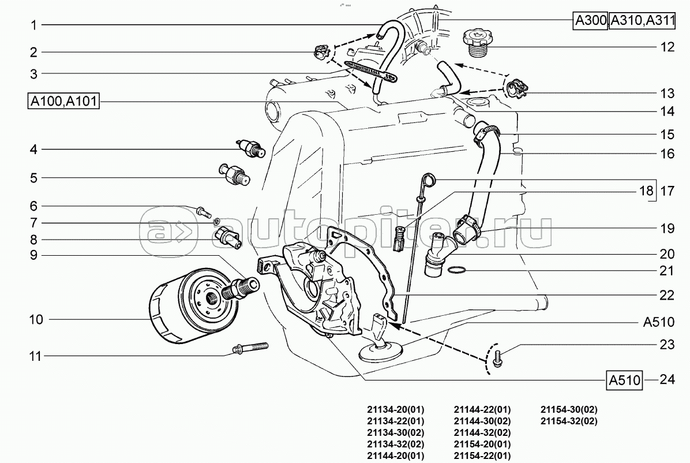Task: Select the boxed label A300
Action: pos(590,21)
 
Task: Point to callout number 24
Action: pos(667,380)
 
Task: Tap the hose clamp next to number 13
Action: pos(519,89)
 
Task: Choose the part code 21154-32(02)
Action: pos(569,421)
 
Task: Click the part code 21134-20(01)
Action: pos(395,409)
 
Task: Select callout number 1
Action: pos(33,25)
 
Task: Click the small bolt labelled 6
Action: pos(202,211)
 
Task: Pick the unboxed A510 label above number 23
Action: pos(658,322)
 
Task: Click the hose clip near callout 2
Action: pos(321,52)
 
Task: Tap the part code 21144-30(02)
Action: pos(482,421)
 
